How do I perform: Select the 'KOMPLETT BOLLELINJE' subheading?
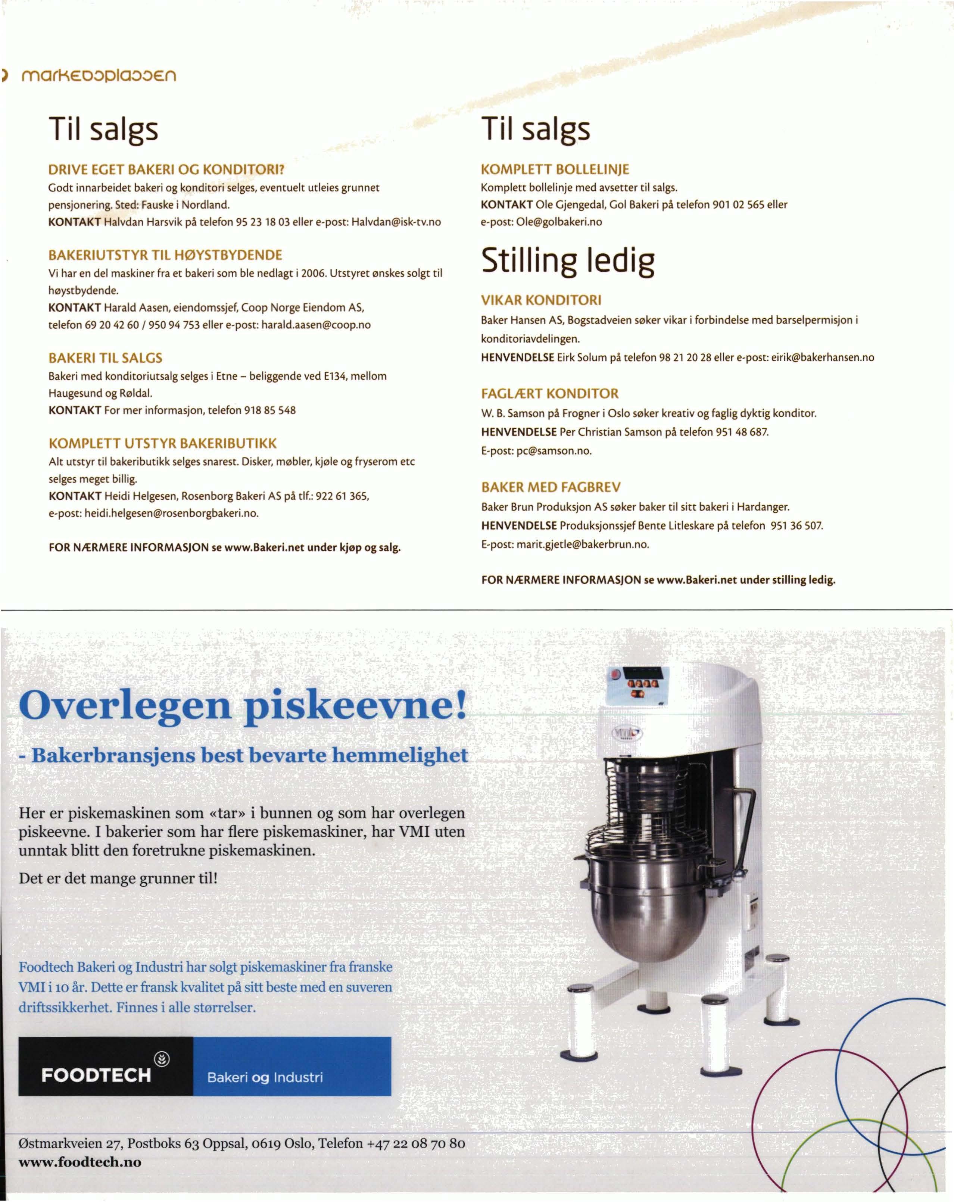click(x=555, y=169)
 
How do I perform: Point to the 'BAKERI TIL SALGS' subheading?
click(x=105, y=358)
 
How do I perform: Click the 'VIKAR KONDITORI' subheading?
click(x=541, y=300)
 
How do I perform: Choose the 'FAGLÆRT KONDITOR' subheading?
click(x=550, y=394)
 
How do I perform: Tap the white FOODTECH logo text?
click(x=96, y=1075)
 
